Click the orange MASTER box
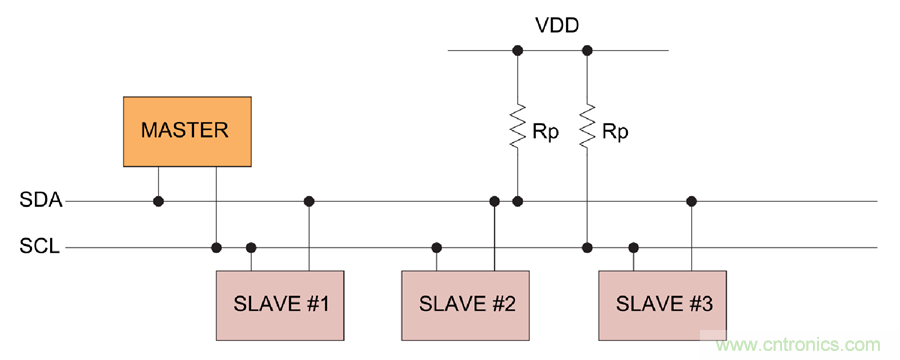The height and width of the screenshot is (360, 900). click(187, 131)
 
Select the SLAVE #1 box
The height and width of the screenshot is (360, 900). click(280, 304)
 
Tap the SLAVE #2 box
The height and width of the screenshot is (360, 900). click(466, 304)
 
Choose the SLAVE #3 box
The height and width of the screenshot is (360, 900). click(664, 304)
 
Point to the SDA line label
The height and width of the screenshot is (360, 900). click(41, 201)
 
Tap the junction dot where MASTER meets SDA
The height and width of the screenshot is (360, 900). click(158, 201)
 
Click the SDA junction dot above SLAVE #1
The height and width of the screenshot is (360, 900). click(309, 201)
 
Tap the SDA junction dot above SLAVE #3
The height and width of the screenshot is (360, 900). click(691, 201)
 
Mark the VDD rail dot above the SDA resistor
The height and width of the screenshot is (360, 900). click(517, 50)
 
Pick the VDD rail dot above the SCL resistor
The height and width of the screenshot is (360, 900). click(587, 50)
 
